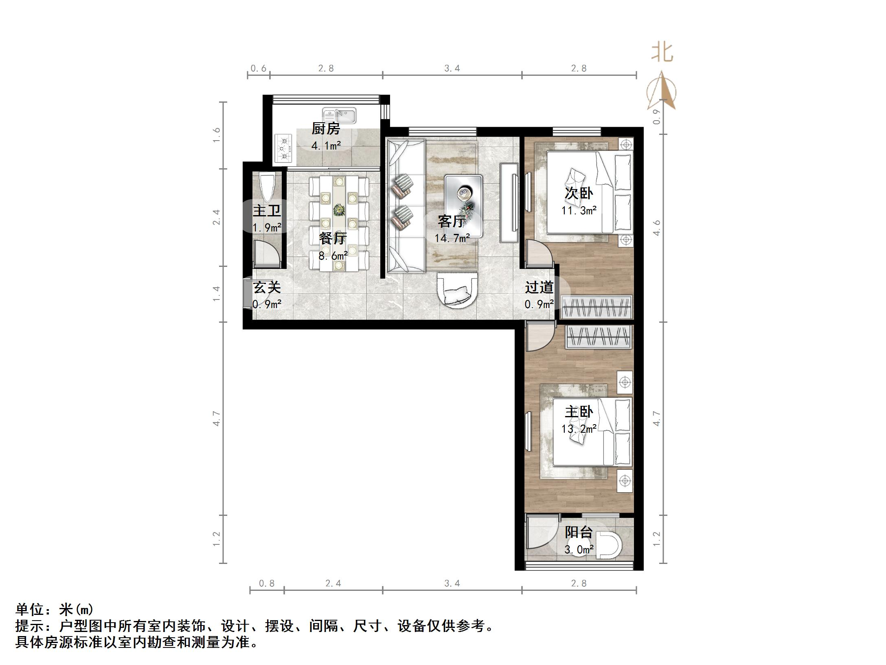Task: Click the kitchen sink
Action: [x=339, y=115]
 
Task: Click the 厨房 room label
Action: [x=326, y=129]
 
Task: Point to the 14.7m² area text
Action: [x=452, y=238]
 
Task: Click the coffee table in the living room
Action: [x=463, y=206]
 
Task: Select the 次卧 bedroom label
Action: [x=579, y=193]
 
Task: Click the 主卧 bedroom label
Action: [x=579, y=412]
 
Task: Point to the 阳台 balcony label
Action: [x=579, y=532]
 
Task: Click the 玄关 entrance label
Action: [x=267, y=287]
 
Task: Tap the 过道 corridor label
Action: [x=539, y=287]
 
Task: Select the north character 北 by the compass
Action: [x=662, y=53]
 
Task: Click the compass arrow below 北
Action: [x=662, y=92]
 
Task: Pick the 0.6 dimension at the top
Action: [x=258, y=68]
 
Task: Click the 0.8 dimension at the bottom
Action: [x=267, y=584]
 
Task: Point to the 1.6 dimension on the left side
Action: [x=216, y=135]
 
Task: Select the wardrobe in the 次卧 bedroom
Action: [x=597, y=307]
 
